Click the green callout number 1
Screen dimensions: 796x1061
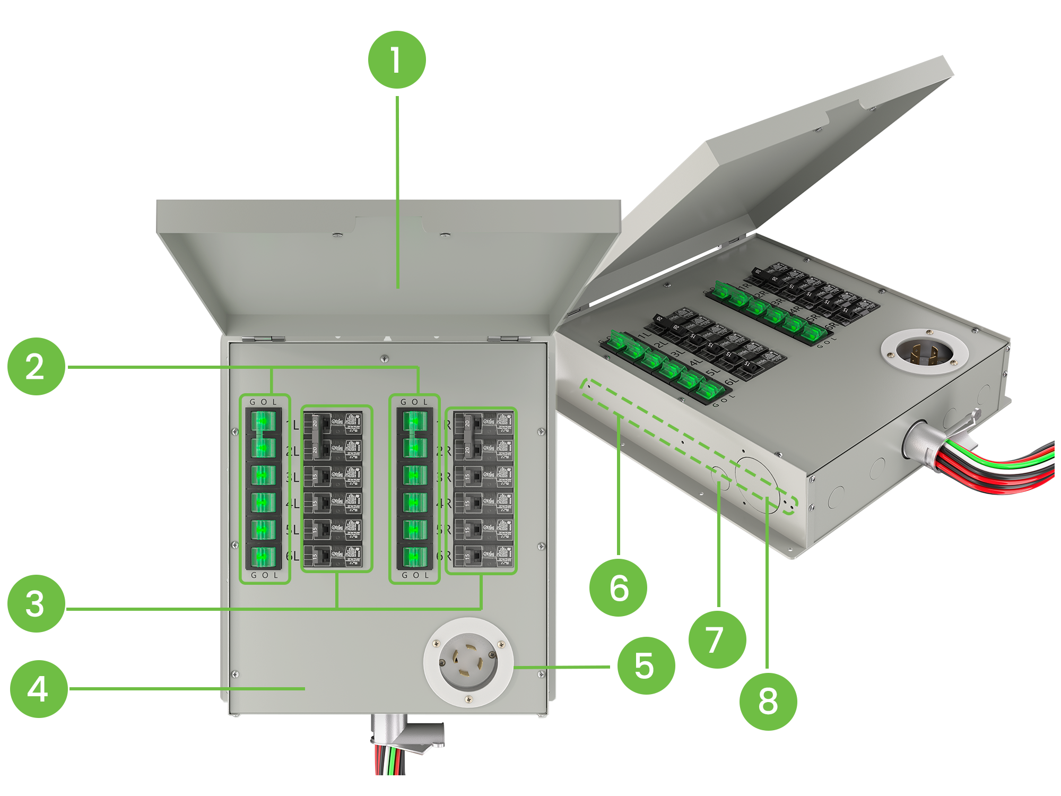click(x=397, y=60)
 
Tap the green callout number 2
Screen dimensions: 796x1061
click(x=35, y=366)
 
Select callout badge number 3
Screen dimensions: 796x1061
click(x=35, y=603)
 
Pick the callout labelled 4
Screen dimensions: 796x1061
click(x=38, y=689)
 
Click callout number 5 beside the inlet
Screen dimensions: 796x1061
click(x=644, y=665)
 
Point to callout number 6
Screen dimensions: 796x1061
click(x=619, y=587)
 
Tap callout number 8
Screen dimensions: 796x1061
click(x=768, y=701)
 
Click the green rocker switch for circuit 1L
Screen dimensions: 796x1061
click(x=263, y=422)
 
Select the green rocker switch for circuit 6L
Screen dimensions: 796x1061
click(x=263, y=557)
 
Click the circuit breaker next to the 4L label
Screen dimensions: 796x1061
click(x=336, y=502)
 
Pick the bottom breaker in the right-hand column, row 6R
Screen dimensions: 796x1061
click(x=483, y=557)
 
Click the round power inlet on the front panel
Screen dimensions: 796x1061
click(x=468, y=662)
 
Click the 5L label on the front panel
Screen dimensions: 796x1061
click(x=292, y=530)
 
